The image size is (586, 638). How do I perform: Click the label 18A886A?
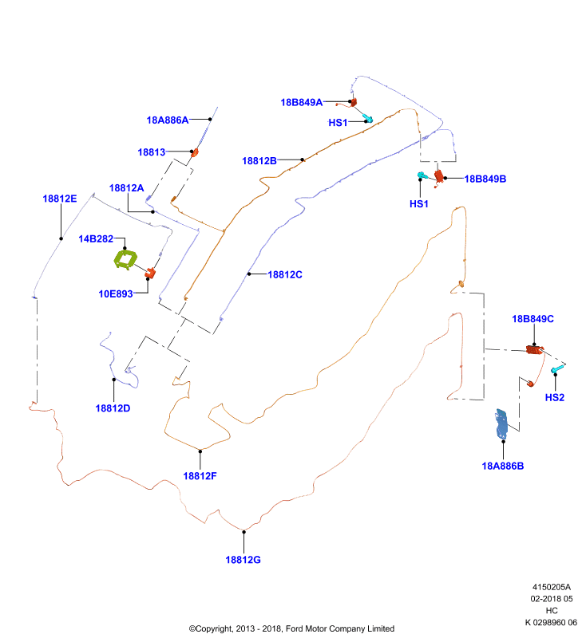point(168,120)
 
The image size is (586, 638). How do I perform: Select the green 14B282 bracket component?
point(125,260)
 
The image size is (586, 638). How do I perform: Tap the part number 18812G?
point(244,560)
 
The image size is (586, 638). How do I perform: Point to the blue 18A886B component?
point(501,424)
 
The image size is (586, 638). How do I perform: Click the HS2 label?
point(555,397)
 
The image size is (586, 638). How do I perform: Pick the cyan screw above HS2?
point(557,369)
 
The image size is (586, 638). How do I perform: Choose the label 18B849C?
point(533,319)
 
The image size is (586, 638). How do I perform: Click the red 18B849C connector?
point(534,349)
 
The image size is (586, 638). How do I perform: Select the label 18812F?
point(200,476)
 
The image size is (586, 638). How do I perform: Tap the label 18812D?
point(113,408)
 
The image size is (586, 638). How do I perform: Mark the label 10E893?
point(116,293)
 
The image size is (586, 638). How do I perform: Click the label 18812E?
point(60,199)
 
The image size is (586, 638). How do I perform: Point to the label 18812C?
point(285,274)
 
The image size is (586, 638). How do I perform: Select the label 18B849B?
point(485,179)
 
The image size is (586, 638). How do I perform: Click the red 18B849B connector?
point(439,176)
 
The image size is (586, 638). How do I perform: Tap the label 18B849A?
point(301,103)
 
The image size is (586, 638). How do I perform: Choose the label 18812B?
point(259,161)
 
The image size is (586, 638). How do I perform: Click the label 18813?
point(152,152)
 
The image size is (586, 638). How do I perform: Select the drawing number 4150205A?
point(552,587)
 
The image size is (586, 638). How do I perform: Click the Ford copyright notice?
point(291,628)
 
